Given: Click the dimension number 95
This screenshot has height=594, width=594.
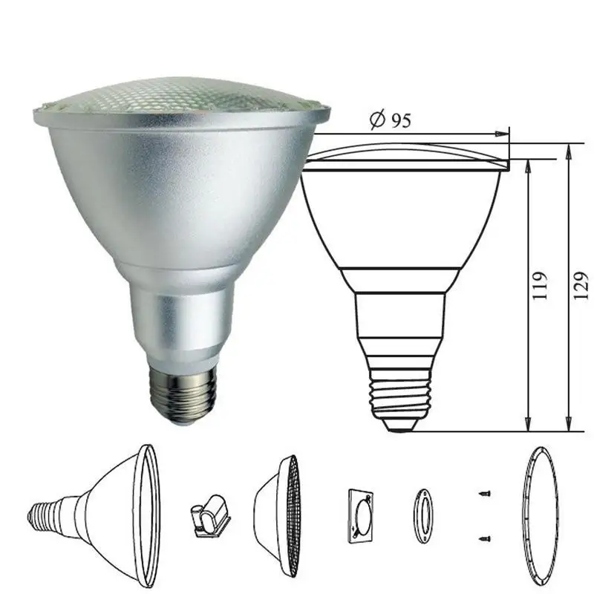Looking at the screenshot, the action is click(x=401, y=120).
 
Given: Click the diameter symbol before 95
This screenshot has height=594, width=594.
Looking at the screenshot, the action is click(x=378, y=120).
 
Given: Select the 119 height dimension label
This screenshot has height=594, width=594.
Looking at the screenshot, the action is click(x=540, y=285).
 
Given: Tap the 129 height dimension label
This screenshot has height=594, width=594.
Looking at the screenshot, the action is click(x=581, y=285).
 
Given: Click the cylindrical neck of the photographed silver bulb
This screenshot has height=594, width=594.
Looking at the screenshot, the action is click(x=181, y=322).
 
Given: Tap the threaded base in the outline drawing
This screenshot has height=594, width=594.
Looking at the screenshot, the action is click(x=400, y=391).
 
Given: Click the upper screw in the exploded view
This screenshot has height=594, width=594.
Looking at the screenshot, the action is click(x=485, y=494).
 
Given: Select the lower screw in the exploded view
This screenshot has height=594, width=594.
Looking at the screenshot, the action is click(x=485, y=538).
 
